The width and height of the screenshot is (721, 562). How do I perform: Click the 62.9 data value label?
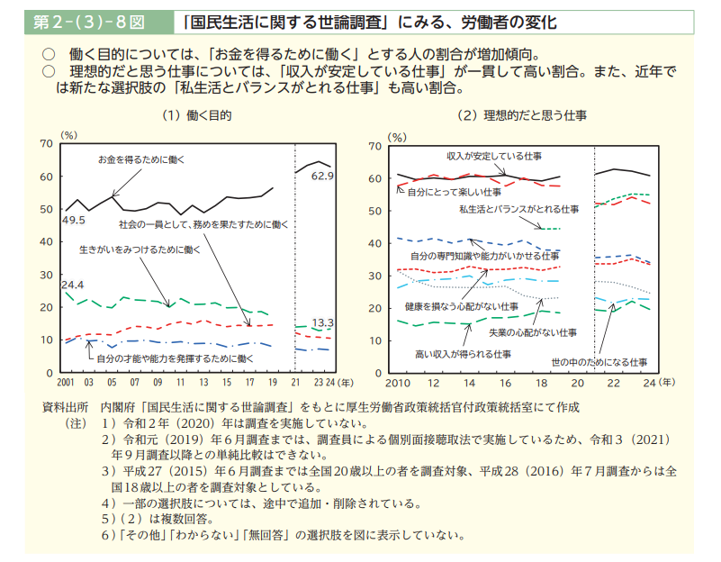click(323, 176)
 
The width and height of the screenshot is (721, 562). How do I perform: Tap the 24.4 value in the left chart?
click(73, 285)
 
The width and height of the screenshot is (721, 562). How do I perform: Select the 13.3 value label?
click(323, 322)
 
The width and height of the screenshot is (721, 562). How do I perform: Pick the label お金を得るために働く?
click(141, 159)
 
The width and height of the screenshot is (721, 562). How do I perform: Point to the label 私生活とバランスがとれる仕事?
click(519, 209)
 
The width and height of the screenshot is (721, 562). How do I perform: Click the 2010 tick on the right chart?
click(399, 383)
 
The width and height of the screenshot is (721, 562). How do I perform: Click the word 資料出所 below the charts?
click(65, 406)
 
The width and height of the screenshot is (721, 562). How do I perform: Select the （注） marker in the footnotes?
click(75, 422)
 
